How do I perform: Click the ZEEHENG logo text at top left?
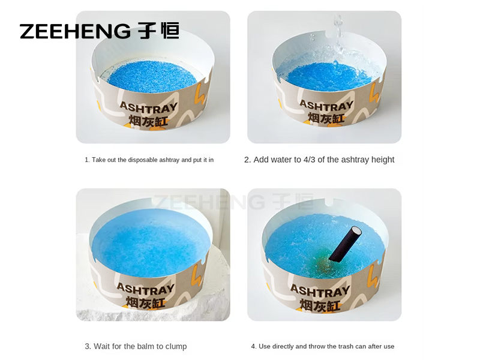pyautogui.click(x=75, y=31)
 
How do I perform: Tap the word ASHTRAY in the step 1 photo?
pyautogui.click(x=148, y=107)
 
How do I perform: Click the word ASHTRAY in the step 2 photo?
pyautogui.click(x=326, y=106)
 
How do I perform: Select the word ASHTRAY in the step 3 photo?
pyautogui.click(x=145, y=289)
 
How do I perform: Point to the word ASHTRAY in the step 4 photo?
pyautogui.click(x=320, y=290)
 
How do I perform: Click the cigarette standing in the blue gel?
pyautogui.click(x=346, y=244)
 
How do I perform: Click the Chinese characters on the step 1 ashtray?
pyautogui.click(x=148, y=121)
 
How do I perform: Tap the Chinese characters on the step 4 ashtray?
pyautogui.click(x=320, y=305)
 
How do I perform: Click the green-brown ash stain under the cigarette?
pyautogui.click(x=322, y=264)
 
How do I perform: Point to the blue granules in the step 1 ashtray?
pyautogui.click(x=152, y=77)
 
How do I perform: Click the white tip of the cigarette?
pyautogui.click(x=356, y=230)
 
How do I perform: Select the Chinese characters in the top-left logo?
pyautogui.click(x=158, y=31)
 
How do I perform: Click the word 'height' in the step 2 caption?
pyautogui.click(x=383, y=160)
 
